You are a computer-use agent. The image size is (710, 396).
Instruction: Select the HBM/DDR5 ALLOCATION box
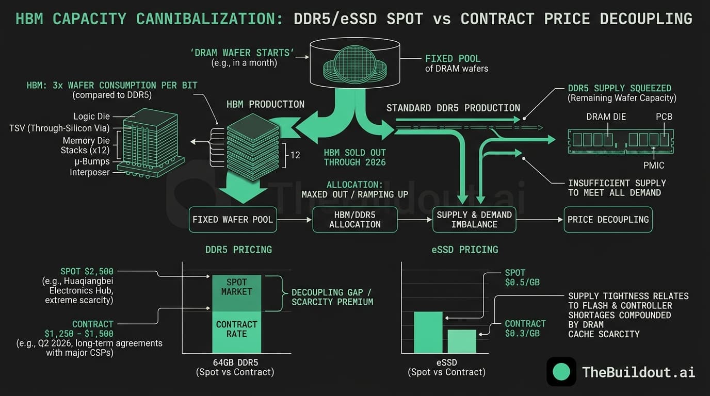point(355,220)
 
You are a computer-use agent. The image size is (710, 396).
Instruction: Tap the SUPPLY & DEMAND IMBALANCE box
point(474,220)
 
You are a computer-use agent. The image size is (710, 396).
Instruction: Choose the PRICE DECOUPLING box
point(608,220)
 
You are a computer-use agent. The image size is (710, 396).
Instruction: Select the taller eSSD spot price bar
point(428,333)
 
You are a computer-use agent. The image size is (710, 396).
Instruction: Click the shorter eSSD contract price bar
point(462,341)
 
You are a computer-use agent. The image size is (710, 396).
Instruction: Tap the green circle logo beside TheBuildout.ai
point(561,372)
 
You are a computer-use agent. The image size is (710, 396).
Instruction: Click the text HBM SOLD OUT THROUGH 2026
point(355,158)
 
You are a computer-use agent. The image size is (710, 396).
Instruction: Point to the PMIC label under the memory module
point(654,166)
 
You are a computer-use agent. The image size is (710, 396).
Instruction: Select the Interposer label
point(90,172)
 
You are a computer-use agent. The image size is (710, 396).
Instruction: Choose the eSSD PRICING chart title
point(465,250)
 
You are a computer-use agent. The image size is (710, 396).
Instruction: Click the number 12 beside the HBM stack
point(295,154)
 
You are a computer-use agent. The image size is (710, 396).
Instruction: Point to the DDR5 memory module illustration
point(621,140)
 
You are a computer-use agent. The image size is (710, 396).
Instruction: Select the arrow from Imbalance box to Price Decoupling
point(540,220)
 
